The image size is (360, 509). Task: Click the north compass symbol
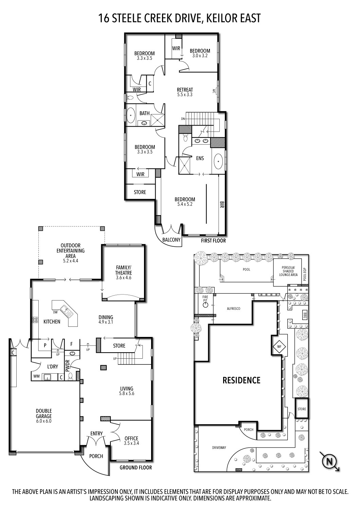click(x=328, y=461)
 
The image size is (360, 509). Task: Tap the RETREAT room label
click(x=185, y=90)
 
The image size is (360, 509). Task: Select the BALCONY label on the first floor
click(x=171, y=240)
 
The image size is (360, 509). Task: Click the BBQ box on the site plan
click(x=305, y=314)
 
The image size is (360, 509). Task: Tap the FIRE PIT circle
click(x=205, y=305)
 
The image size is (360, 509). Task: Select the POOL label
click(x=247, y=270)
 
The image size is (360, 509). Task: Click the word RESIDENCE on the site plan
click(x=241, y=380)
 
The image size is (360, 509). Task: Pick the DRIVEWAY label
click(x=219, y=448)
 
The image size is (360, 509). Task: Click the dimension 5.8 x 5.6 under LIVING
click(x=127, y=394)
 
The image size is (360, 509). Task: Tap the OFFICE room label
click(x=131, y=438)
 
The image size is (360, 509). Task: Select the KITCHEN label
click(x=52, y=321)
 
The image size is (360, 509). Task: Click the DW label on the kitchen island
click(x=55, y=312)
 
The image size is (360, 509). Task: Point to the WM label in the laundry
click(x=36, y=376)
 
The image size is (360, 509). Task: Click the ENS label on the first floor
click(x=200, y=158)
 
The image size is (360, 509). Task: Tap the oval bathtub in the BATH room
click(x=131, y=116)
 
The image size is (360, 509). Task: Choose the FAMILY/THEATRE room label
click(x=124, y=270)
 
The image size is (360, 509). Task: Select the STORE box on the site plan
click(x=302, y=409)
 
